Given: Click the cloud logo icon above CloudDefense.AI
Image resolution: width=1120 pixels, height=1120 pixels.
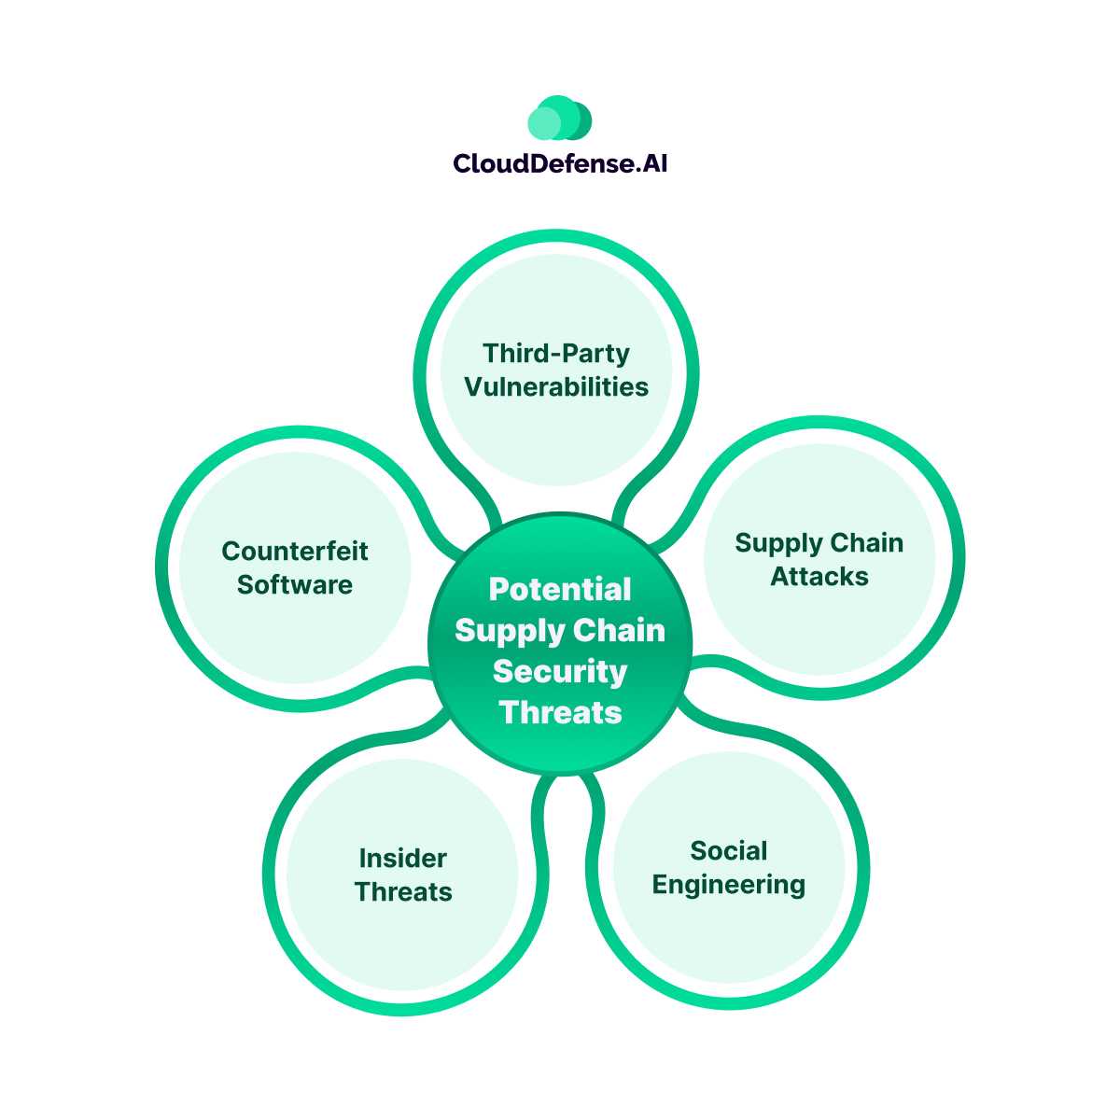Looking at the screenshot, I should point(560,119).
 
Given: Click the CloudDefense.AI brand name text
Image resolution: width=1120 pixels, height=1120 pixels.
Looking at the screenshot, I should point(560,164).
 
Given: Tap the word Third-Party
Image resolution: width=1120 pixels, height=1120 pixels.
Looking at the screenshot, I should point(556,354).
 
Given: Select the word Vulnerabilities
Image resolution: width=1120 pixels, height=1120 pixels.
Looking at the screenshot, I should point(556,387).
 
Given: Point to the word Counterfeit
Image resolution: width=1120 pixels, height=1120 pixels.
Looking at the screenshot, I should point(295,552).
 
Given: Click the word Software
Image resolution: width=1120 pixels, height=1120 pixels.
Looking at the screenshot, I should point(295,585).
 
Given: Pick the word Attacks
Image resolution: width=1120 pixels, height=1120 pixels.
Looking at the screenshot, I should point(819,577).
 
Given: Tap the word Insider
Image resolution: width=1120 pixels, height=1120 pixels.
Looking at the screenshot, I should point(403,859).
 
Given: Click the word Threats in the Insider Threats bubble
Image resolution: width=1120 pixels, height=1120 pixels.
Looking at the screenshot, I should point(403,892).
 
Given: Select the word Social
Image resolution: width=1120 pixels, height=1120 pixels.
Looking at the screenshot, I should point(729,851).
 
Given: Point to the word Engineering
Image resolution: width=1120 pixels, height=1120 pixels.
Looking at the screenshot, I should point(729,885).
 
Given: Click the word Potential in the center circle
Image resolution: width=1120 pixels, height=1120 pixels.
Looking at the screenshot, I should point(560,590).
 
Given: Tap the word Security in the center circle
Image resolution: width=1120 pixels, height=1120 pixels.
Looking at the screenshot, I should point(560,672).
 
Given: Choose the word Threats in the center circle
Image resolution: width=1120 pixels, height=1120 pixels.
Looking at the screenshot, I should point(560,713).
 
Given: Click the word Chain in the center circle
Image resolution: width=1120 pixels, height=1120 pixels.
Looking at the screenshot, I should point(619,631).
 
